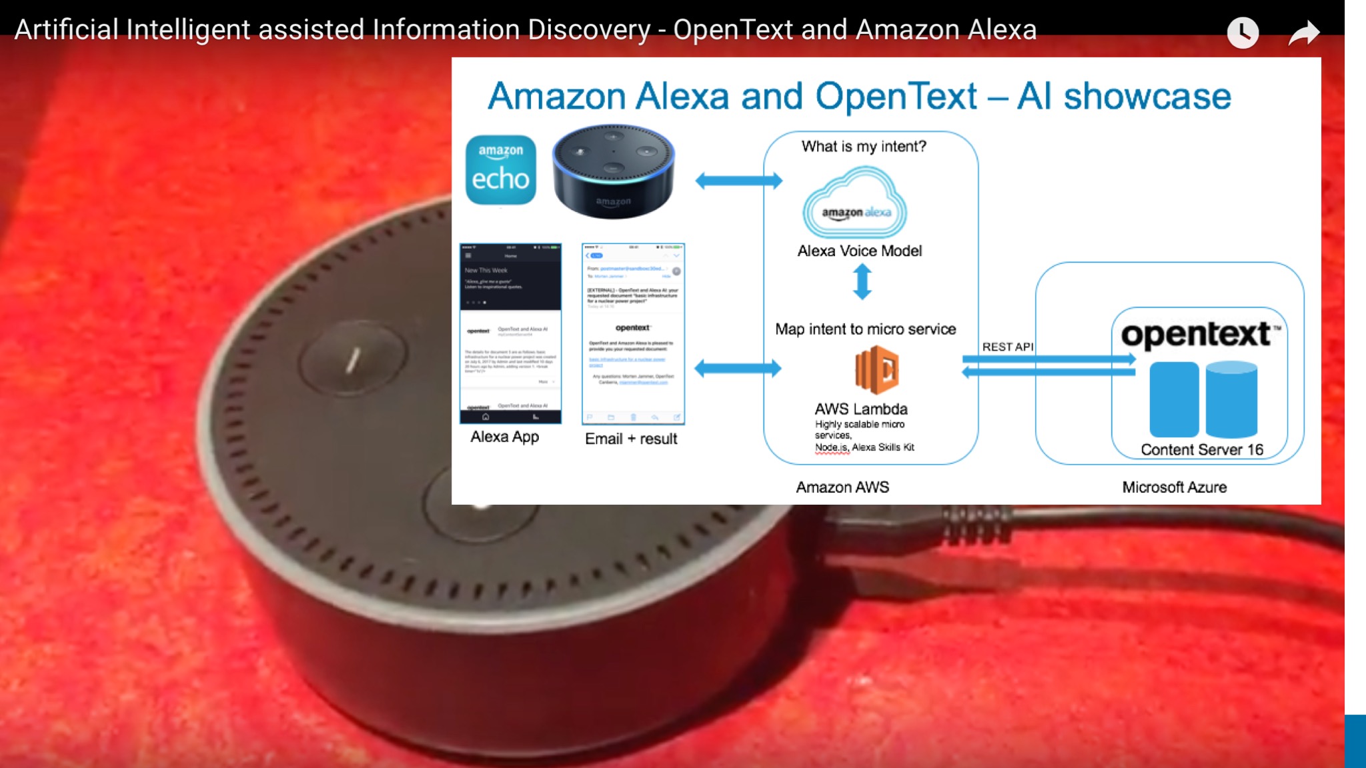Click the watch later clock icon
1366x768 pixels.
coord(1243,33)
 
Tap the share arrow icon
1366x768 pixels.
coord(1303,33)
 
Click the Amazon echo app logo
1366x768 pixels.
coord(500,170)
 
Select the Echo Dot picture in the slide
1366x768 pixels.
coord(613,171)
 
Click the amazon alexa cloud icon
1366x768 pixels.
coord(856,205)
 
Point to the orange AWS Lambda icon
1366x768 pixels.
coord(877,370)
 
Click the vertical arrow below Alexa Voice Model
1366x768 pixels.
coord(862,281)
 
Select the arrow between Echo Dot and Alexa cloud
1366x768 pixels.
coord(738,181)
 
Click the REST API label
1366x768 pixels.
coord(1007,347)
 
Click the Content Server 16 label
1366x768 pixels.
coord(1202,449)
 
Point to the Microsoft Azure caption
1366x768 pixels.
coord(1174,487)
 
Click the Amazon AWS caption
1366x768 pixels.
coord(842,487)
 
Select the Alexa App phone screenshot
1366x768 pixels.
coord(510,333)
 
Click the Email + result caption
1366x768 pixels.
coord(631,439)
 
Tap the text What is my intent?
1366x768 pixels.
coord(864,147)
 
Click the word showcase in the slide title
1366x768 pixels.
coord(1147,97)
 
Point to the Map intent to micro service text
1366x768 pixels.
coord(865,329)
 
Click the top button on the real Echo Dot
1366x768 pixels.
coord(352,360)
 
